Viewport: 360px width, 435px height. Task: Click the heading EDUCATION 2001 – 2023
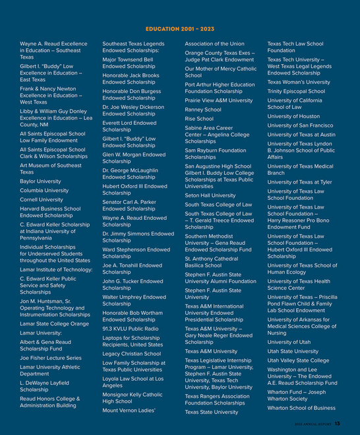(x=179, y=29)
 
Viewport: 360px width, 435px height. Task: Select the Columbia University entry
(x=44, y=190)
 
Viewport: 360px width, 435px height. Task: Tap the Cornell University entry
(x=41, y=199)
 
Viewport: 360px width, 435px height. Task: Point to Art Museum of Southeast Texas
(x=51, y=168)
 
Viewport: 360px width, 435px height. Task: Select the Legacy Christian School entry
(x=131, y=353)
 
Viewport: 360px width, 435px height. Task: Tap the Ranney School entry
(x=203, y=110)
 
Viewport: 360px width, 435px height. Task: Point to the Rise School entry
(x=199, y=119)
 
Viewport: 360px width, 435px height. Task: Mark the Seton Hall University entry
(x=210, y=195)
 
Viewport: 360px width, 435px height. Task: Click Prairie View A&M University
(x=218, y=100)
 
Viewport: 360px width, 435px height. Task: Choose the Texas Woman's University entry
(x=299, y=82)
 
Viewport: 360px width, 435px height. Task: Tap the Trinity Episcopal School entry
(x=296, y=91)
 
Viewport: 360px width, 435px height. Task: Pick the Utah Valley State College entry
(x=298, y=360)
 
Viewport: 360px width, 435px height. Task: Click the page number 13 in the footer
(x=337, y=424)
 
